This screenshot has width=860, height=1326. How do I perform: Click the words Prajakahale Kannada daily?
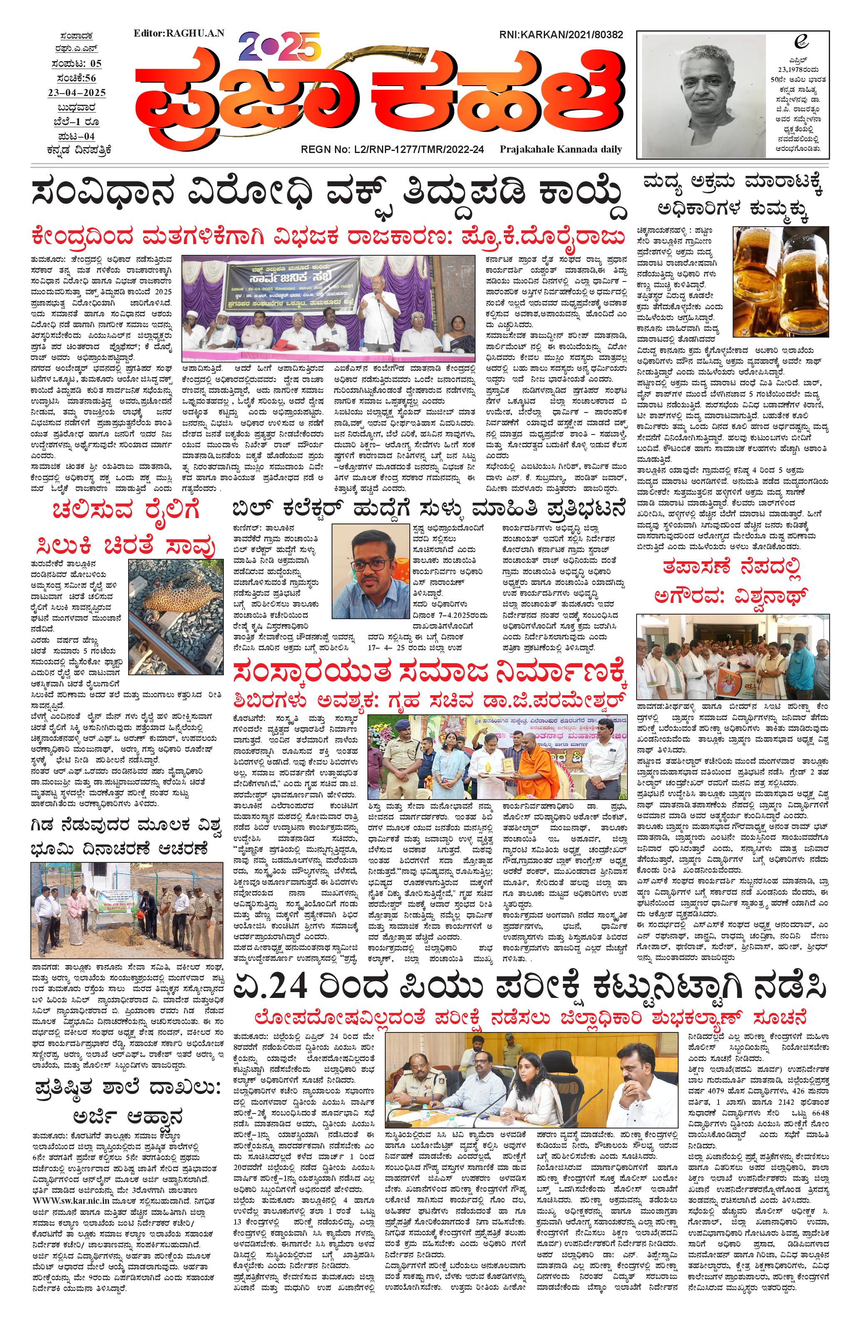[x=561, y=149]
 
